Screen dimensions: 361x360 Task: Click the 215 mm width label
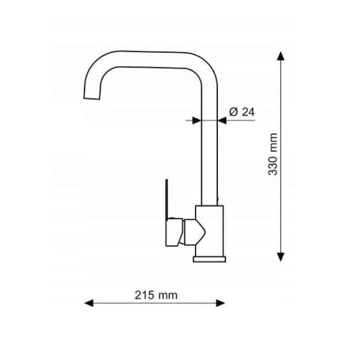point(156,295)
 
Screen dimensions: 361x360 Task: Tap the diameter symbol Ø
point(233,112)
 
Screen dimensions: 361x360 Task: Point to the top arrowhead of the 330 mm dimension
point(281,56)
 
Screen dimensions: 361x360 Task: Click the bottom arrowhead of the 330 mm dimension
point(281,256)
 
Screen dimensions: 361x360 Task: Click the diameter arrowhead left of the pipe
point(196,120)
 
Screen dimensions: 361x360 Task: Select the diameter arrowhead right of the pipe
point(222,120)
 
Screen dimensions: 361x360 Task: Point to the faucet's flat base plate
point(209,259)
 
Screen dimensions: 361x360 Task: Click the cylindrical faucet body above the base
point(209,230)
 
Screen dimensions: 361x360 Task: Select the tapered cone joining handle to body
point(194,232)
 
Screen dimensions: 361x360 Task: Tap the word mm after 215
point(168,295)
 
